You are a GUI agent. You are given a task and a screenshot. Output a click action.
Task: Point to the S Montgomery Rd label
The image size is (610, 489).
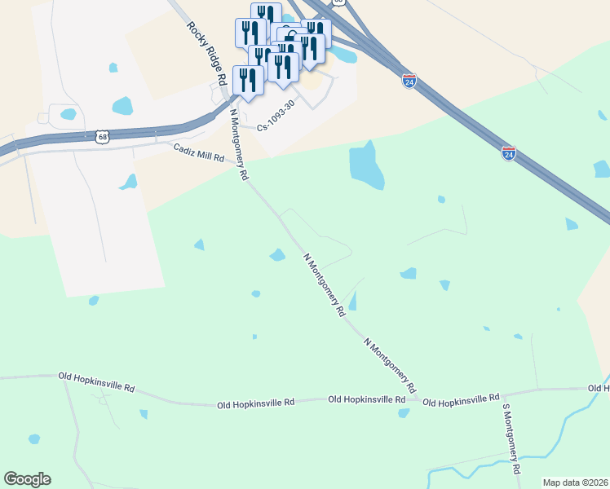[511, 438]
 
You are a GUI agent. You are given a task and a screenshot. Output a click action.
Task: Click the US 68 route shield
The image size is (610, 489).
[102, 137]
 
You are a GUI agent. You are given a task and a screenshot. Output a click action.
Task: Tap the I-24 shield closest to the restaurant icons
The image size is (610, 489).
[409, 81]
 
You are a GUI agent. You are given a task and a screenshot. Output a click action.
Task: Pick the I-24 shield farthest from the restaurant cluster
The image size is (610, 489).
[509, 152]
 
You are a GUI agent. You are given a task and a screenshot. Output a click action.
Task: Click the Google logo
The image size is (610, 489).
[27, 479]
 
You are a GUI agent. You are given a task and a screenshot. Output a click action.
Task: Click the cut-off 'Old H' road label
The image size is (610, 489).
[598, 389]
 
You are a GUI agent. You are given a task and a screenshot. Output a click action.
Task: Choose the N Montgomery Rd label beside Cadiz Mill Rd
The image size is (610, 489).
[238, 145]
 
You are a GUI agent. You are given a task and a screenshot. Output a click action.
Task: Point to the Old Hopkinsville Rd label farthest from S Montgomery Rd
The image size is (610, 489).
[96, 381]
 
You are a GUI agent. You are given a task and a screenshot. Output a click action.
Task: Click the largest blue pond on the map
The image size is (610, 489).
[366, 165]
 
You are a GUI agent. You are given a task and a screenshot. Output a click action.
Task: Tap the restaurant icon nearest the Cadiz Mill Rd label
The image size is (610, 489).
[248, 80]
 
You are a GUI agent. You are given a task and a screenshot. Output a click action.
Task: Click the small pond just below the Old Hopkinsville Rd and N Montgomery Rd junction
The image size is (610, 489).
[403, 413]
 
